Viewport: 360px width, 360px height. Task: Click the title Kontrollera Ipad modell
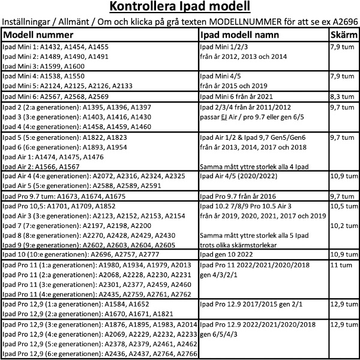coord(180,8)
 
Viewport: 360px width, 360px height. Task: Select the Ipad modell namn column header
coord(239,35)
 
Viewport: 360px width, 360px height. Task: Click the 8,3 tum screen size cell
coord(341,96)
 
